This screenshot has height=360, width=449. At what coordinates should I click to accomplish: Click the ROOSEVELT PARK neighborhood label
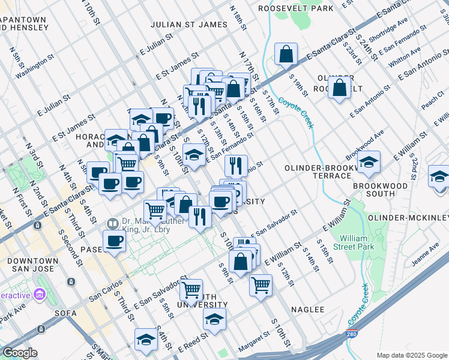[x=295, y=9]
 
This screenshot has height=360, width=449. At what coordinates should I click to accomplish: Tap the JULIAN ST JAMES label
[x=189, y=25]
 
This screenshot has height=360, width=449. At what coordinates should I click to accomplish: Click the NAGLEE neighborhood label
[x=307, y=310]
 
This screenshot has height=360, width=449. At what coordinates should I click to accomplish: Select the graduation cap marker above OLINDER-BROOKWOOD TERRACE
[x=369, y=162]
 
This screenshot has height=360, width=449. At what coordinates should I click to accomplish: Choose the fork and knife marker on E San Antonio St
[x=236, y=166]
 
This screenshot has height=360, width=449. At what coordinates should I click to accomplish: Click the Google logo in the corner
[x=20, y=353]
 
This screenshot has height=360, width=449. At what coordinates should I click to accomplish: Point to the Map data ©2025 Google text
[x=411, y=355]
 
